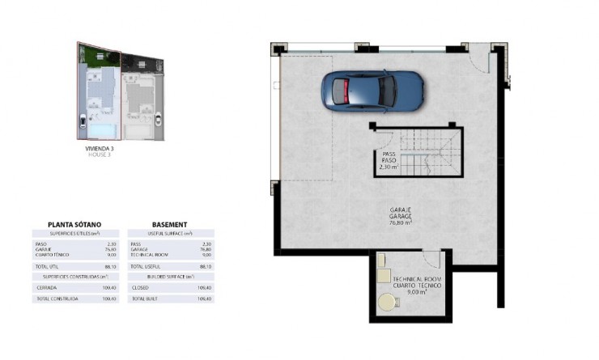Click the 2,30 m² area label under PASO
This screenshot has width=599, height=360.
[x=389, y=167]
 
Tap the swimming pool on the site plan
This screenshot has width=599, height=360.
[x=101, y=128]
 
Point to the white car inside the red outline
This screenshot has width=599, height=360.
[x=83, y=123]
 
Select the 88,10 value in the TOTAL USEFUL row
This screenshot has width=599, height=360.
[x=205, y=265]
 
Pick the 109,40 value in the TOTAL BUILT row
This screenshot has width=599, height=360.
[x=205, y=299]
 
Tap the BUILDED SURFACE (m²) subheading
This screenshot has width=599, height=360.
[x=170, y=276]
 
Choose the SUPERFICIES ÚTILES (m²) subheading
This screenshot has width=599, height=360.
[x=74, y=233]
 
